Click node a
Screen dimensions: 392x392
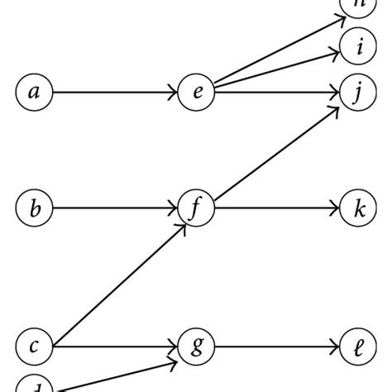coord(34,93)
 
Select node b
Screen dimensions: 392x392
coord(34,209)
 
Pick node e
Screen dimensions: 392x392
coord(197,93)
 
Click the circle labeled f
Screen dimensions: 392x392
coord(197,209)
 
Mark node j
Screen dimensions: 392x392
coord(358,93)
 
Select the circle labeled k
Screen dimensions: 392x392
coord(358,209)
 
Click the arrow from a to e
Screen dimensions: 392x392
coord(116,93)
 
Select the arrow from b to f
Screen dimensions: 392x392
coord(116,209)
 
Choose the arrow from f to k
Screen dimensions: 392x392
coord(277,209)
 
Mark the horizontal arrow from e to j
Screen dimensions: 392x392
coord(277,93)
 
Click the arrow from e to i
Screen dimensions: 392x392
coord(277,69)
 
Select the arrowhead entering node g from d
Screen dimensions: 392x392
coord(172,361)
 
